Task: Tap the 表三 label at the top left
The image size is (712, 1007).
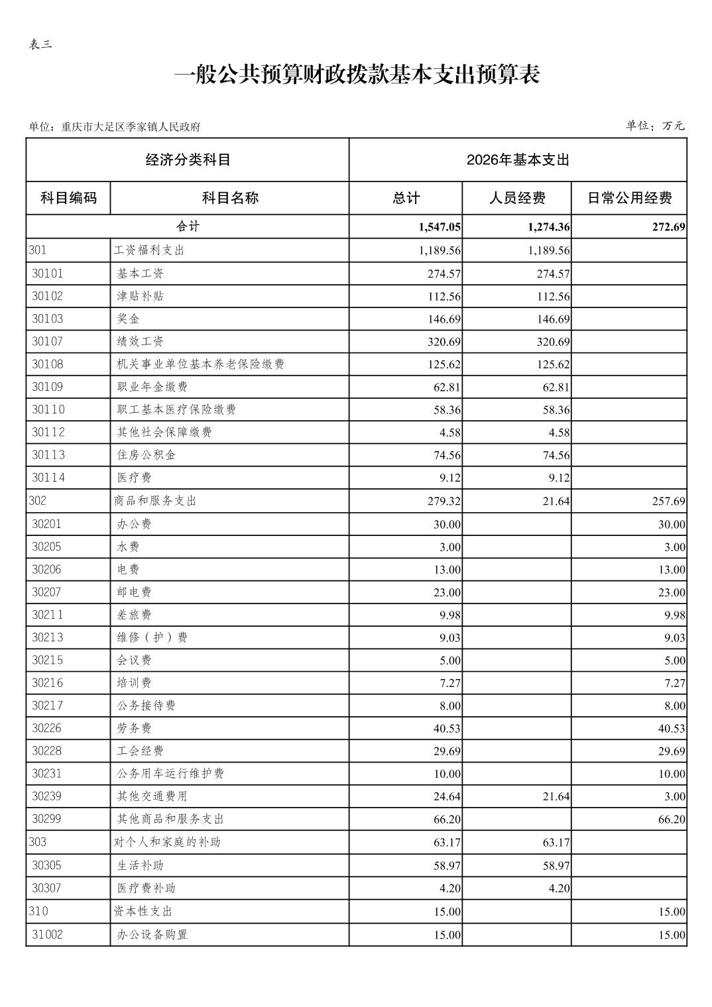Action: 40,44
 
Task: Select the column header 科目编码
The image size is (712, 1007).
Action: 68,197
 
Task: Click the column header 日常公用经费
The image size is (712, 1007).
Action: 629,197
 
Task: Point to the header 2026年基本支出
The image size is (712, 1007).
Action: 518,160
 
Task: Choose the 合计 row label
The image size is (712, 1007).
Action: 188,227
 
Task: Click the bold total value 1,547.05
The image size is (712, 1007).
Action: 439,227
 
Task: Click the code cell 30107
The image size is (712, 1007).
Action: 48,341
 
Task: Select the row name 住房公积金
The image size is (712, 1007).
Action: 147,455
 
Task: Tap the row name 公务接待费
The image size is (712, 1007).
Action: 147,706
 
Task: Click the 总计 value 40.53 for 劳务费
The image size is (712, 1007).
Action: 447,729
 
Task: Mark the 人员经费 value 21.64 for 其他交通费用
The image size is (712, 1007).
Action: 556,796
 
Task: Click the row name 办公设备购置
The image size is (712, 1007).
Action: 152,934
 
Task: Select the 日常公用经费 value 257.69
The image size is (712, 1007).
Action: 668,502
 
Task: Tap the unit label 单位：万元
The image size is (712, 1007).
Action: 655,126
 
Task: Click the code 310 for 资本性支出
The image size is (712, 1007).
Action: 38,911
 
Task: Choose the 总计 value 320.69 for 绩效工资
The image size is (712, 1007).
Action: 444,342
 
